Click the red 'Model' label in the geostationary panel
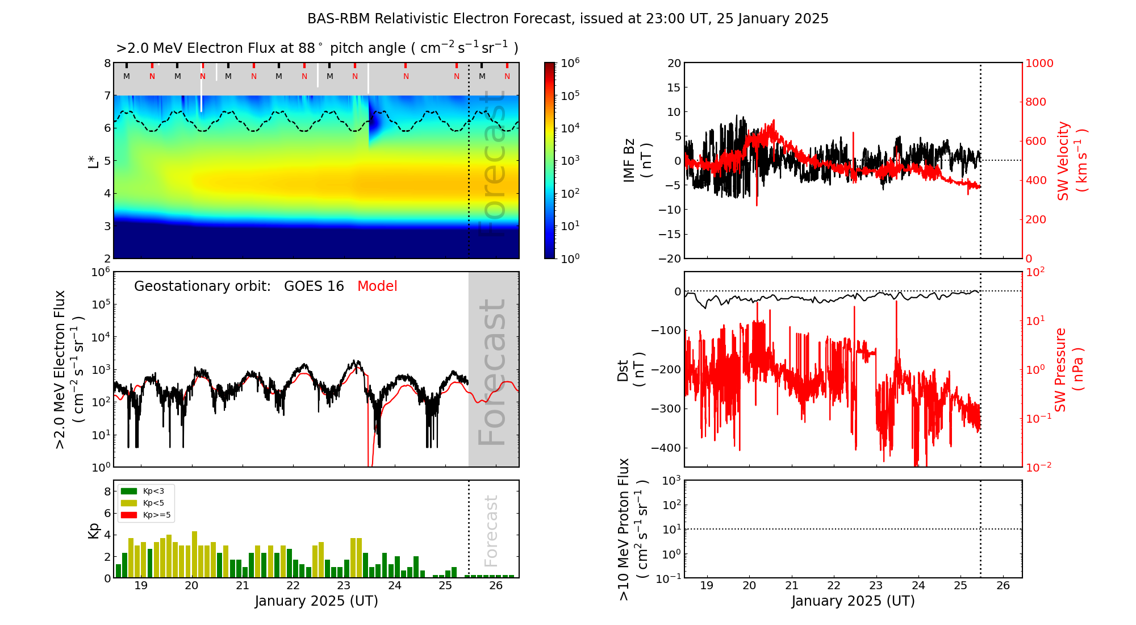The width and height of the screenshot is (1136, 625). pyautogui.click(x=377, y=286)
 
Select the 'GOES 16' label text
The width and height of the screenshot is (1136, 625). pyautogui.click(x=314, y=286)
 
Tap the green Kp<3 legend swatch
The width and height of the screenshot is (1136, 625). pyautogui.click(x=129, y=491)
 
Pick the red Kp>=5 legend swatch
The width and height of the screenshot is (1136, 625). pyautogui.click(x=129, y=515)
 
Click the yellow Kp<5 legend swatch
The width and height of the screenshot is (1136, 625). pyautogui.click(x=129, y=503)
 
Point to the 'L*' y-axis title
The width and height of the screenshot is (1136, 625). pyautogui.click(x=94, y=160)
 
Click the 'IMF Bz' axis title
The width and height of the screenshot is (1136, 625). pyautogui.click(x=629, y=160)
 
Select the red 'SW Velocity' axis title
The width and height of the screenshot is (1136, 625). pyautogui.click(x=1063, y=160)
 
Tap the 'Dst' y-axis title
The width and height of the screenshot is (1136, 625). pyautogui.click(x=623, y=370)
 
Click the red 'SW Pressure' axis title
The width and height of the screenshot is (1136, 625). pyautogui.click(x=1060, y=370)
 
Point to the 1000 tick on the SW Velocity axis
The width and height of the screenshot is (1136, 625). pyautogui.click(x=1039, y=63)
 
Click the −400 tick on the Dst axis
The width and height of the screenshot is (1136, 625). pyautogui.click(x=667, y=448)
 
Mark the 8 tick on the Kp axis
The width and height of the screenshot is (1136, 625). pyautogui.click(x=107, y=491)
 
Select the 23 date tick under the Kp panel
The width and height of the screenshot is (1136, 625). pyautogui.click(x=344, y=586)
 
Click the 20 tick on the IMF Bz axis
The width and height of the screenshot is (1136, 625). pyautogui.click(x=674, y=63)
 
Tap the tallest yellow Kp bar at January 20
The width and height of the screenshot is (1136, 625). pyautogui.click(x=195, y=554)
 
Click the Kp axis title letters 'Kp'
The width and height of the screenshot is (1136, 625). pyautogui.click(x=94, y=530)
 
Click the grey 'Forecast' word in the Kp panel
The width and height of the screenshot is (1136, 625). pyautogui.click(x=491, y=531)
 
